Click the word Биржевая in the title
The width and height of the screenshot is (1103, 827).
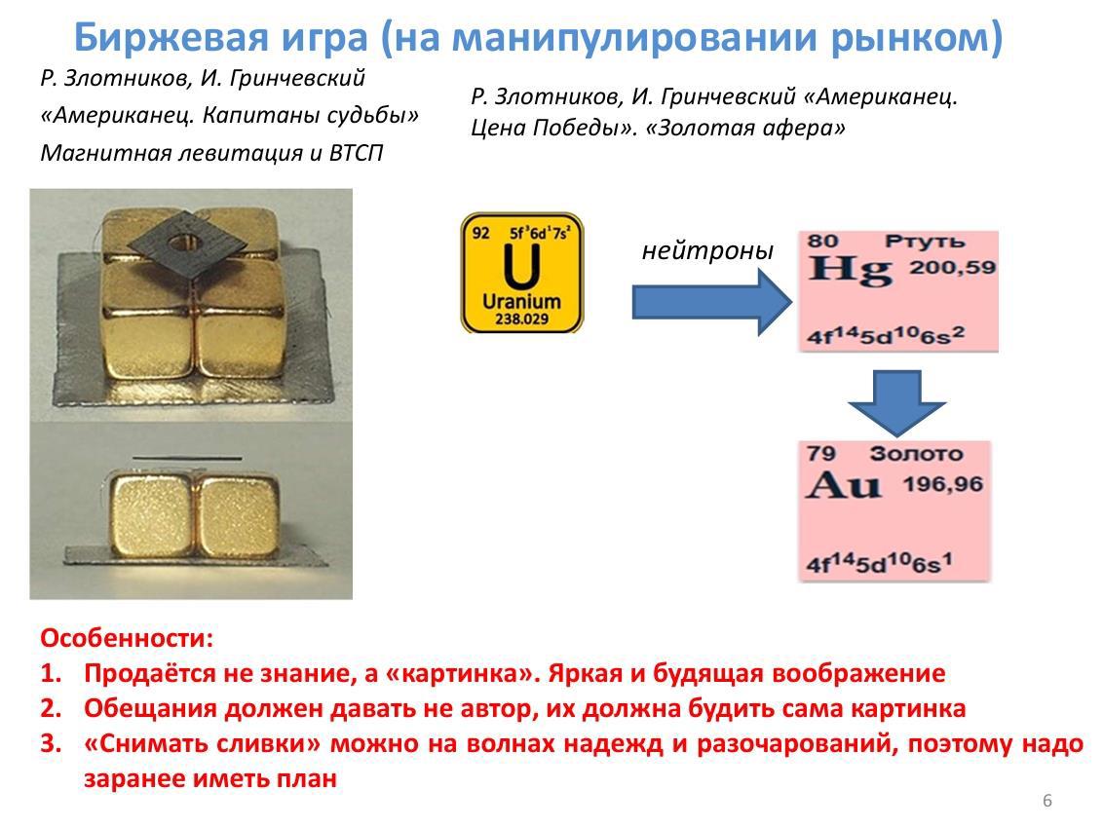171,37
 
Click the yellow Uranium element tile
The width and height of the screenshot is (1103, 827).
522,273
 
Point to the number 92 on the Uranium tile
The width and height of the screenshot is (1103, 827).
480,233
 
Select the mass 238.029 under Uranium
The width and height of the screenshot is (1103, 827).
521,320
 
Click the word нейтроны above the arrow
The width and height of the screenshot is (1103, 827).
707,250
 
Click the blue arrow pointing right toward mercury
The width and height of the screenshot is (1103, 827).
712,302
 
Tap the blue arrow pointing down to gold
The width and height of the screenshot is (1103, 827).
896,403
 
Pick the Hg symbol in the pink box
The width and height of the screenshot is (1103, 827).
850,271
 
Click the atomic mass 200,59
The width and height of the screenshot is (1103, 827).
953,267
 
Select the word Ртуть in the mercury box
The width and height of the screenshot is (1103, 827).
925,242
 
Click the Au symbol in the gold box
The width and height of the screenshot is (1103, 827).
844,484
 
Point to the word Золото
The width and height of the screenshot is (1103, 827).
916,454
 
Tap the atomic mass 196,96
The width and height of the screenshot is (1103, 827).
942,484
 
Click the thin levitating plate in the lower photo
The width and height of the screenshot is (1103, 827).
187,459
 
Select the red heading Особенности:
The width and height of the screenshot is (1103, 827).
127,639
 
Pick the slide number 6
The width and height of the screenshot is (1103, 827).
1046,801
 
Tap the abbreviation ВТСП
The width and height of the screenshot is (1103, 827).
356,153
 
